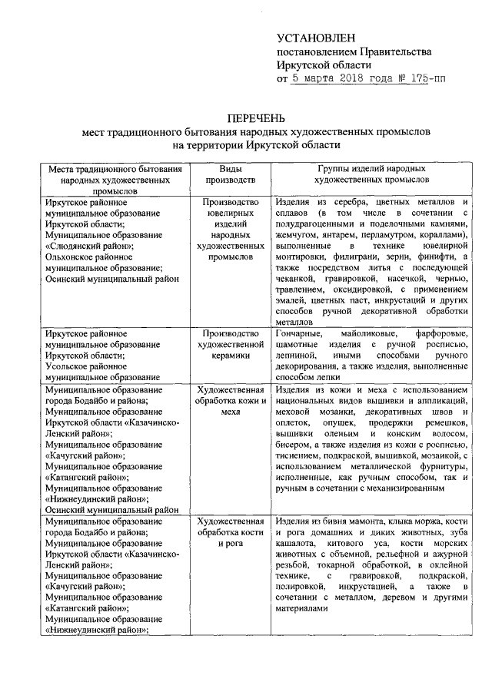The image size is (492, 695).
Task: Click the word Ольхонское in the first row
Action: click(x=70, y=257)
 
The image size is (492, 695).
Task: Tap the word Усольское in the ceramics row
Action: click(x=67, y=367)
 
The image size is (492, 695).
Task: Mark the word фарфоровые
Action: click(x=440, y=334)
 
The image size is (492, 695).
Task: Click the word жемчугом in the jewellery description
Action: click(x=296, y=234)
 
